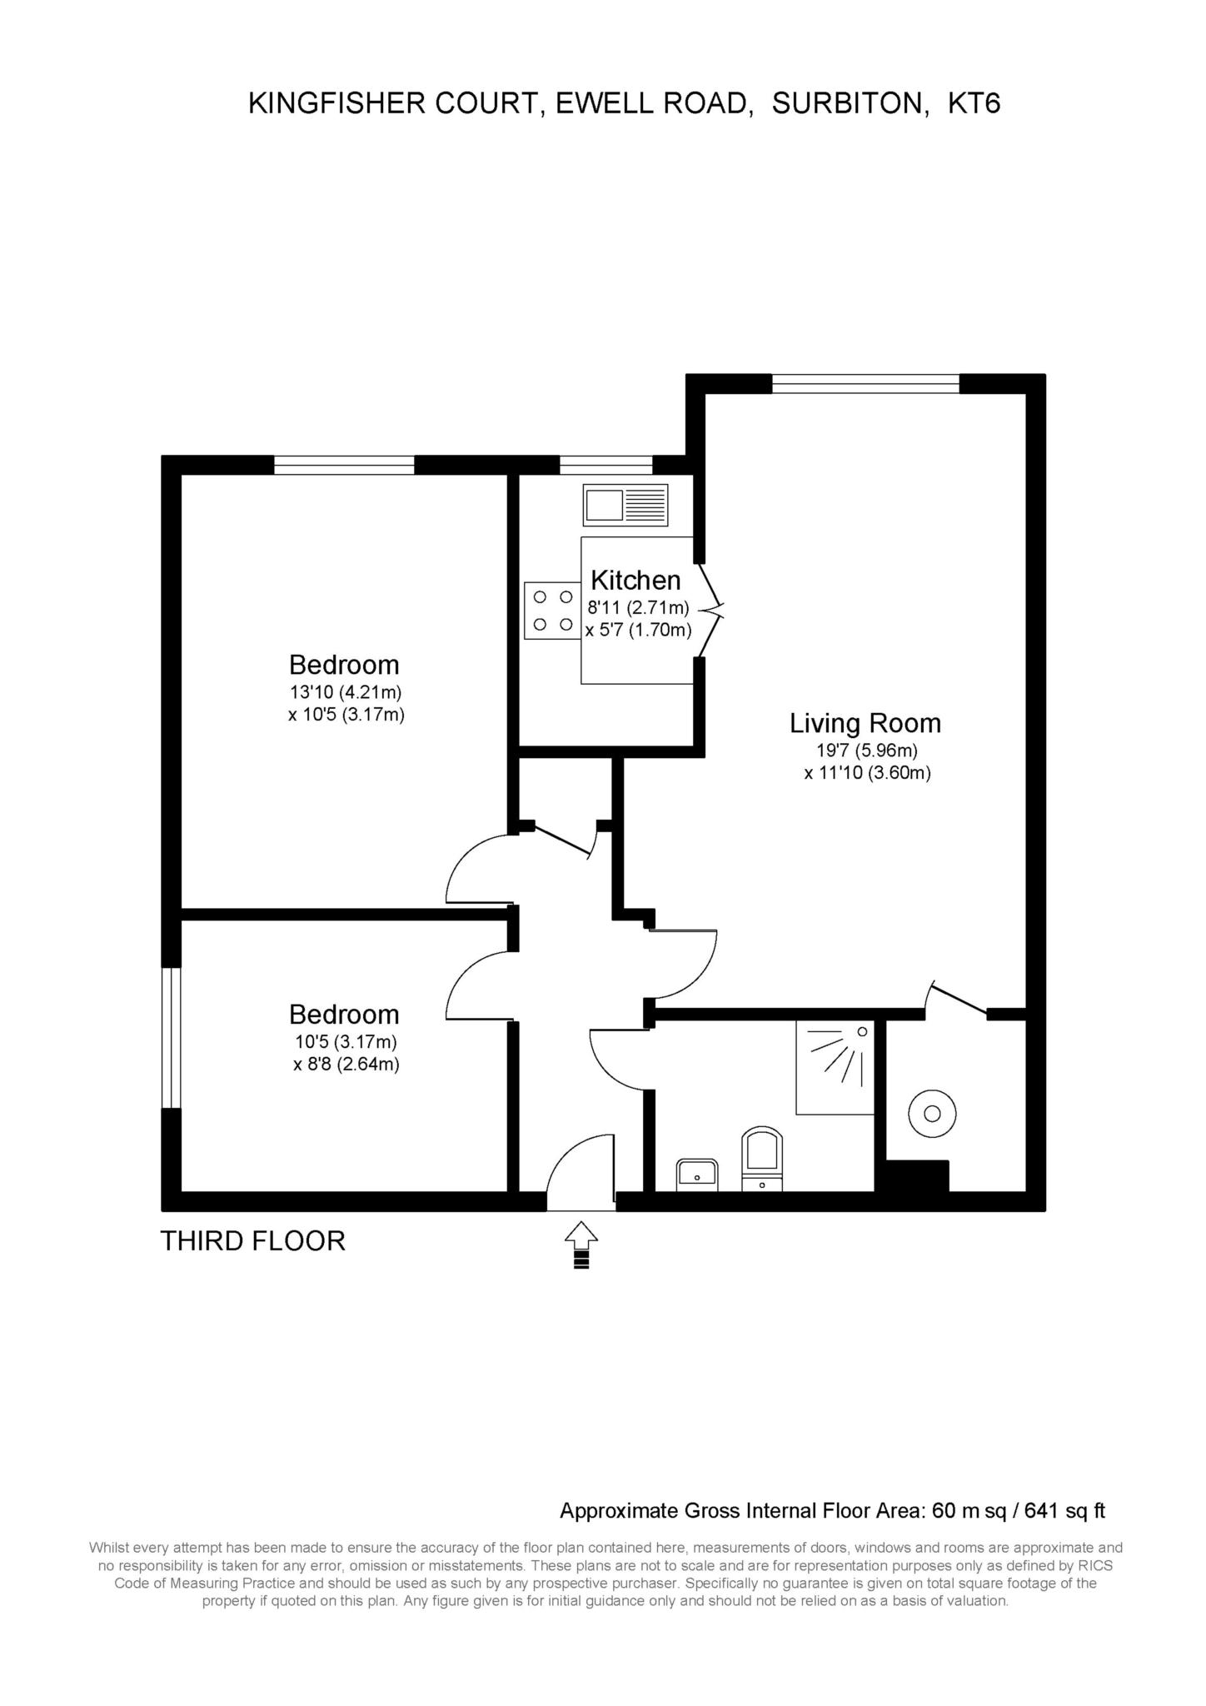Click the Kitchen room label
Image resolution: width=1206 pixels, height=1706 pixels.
click(635, 580)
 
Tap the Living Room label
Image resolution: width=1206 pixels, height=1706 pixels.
click(865, 723)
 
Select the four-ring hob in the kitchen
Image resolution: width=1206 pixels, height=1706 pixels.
click(553, 611)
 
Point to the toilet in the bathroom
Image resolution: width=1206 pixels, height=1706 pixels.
click(762, 1159)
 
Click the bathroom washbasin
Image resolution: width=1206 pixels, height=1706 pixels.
click(697, 1174)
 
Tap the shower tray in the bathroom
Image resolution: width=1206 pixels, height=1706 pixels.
click(835, 1067)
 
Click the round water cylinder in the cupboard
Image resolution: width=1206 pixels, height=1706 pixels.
click(932, 1114)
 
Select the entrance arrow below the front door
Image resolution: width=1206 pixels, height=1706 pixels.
click(581, 1245)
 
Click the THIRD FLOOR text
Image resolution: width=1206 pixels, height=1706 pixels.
click(252, 1241)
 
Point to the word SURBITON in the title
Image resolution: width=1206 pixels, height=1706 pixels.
click(851, 103)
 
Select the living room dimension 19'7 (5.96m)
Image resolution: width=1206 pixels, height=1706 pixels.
click(866, 750)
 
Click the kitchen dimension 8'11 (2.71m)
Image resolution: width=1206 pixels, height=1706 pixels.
click(638, 607)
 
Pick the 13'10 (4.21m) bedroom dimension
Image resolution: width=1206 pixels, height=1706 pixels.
click(346, 691)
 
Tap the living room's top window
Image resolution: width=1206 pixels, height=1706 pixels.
click(865, 384)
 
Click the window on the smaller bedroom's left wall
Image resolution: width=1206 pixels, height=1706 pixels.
click(171, 1037)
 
